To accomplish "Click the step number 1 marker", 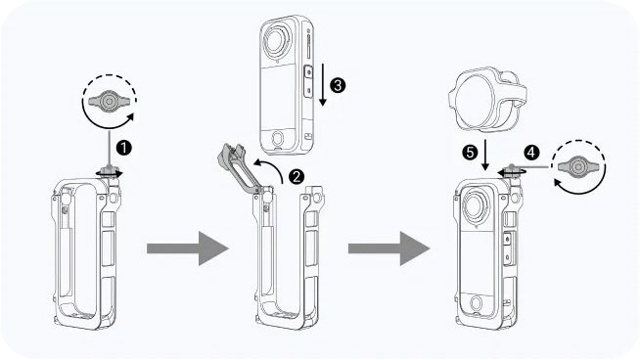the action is click(124, 148).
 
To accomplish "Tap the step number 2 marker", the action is click(297, 176).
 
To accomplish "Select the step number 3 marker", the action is click(338, 85).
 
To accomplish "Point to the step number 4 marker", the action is click(531, 153).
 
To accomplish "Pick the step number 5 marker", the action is click(470, 153).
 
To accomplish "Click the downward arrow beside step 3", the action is click(323, 84).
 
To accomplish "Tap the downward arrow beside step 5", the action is click(485, 156).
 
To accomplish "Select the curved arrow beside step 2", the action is click(269, 167).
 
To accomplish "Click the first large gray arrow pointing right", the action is click(187, 248).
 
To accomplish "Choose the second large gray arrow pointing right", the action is click(389, 248).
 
